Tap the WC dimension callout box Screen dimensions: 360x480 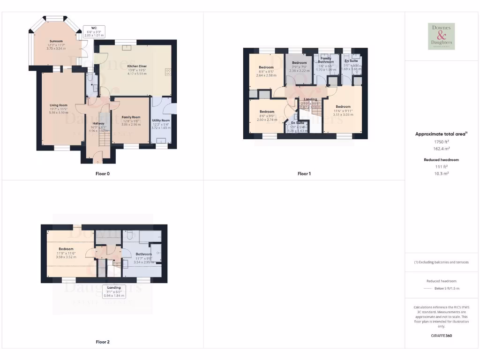point(94,31)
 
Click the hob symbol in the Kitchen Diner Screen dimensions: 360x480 point(167,72)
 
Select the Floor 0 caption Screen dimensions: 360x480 point(102,173)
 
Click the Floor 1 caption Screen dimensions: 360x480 point(304,173)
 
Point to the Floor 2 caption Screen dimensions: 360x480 point(102,342)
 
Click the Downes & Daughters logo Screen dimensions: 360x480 point(441,36)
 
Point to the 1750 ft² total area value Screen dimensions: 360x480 point(441,141)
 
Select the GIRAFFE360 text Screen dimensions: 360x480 point(441,336)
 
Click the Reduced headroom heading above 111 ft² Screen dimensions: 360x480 point(441,160)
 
